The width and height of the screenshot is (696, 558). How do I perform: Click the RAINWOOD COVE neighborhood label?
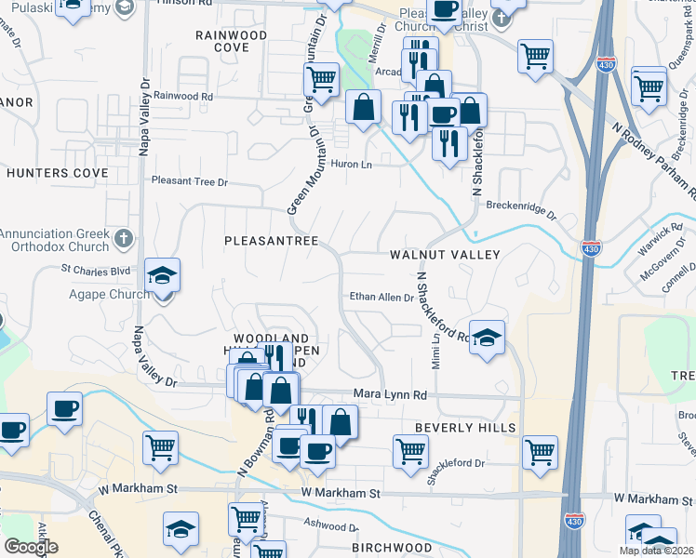(x=231, y=41)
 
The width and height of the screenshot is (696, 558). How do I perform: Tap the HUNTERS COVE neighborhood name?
(x=58, y=173)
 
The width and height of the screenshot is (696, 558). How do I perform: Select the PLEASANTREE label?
(x=271, y=241)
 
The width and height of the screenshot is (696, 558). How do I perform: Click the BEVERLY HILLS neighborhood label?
(x=465, y=427)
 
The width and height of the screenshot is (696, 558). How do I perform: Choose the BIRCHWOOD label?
(x=392, y=548)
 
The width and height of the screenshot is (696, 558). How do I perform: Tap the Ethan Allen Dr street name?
(x=381, y=298)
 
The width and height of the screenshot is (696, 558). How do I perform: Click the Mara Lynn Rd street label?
(x=389, y=395)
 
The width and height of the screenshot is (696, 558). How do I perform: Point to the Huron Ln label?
(x=352, y=165)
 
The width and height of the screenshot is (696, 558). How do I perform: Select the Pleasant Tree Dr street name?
(x=189, y=182)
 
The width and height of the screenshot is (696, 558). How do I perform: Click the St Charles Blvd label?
(x=96, y=270)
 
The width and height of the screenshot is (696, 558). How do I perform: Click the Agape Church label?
(x=109, y=295)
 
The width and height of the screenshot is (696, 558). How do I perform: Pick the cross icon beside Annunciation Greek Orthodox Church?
(x=123, y=240)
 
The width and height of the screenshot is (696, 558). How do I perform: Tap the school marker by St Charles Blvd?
(x=162, y=275)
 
